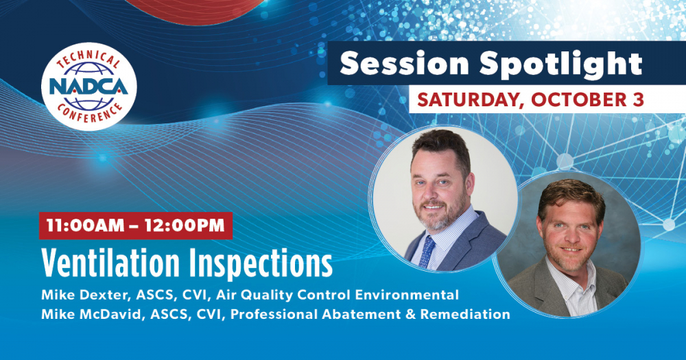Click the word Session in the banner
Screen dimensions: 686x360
coord(405,64)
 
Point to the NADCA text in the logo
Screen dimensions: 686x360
coord(88,86)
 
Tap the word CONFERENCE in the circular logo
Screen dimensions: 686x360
coord(89,113)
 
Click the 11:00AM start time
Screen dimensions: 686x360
coord(85,226)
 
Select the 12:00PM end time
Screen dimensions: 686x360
coord(185,226)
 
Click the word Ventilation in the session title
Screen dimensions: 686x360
coord(110,264)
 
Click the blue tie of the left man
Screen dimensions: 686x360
coord(427,252)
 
